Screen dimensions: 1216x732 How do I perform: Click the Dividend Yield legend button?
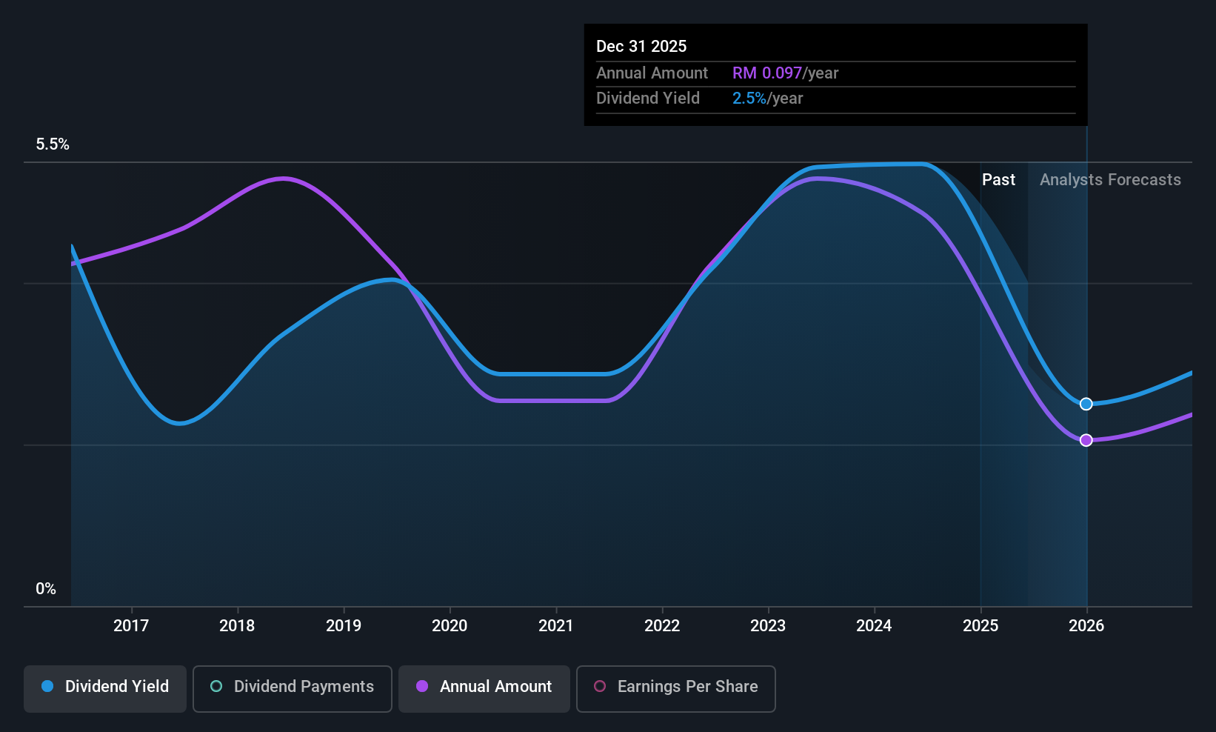104,688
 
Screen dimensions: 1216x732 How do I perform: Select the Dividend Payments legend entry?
292,688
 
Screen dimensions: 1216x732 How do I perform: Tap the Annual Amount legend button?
484,688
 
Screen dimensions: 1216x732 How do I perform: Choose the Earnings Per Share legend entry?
676,688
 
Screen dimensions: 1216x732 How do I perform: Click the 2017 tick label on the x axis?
131,625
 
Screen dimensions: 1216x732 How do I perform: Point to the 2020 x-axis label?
450,625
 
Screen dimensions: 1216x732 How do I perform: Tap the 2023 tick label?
768,625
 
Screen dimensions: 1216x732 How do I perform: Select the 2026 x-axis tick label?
1086,625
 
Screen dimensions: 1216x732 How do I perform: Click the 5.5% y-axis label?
53,144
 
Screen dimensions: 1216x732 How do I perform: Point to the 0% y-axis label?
46,589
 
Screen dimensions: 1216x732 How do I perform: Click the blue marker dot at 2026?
1086,404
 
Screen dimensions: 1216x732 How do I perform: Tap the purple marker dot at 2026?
1086,440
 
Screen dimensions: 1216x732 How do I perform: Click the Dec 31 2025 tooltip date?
641,47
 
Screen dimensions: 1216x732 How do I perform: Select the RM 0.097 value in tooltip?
767,73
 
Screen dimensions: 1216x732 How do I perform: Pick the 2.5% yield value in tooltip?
749,99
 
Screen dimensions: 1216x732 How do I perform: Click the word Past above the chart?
998,180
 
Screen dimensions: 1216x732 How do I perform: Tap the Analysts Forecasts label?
1110,180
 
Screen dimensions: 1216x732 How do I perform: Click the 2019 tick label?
344,625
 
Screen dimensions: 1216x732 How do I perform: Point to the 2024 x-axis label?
874,625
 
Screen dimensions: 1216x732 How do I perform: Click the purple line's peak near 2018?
283,178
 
